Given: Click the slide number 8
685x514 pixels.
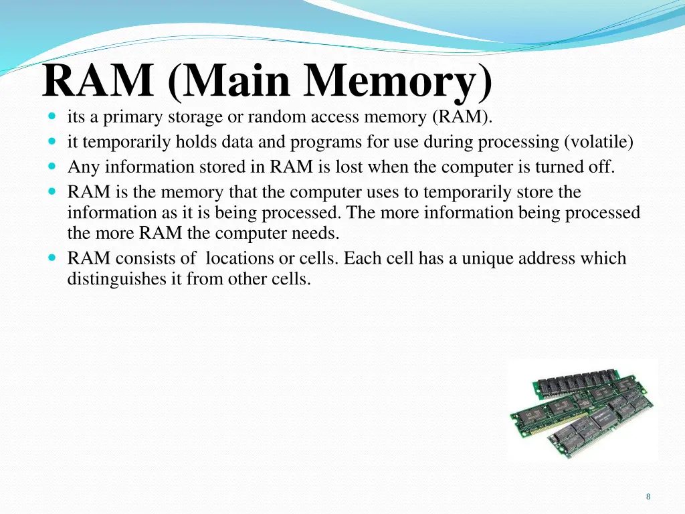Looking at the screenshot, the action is point(648,497).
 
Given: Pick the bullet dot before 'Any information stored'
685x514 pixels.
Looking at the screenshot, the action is point(52,167).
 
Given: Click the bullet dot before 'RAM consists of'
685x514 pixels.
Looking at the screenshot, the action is point(52,258).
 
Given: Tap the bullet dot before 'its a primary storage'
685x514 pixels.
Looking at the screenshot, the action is point(52,117).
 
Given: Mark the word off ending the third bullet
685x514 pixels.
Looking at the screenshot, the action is point(601,167).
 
